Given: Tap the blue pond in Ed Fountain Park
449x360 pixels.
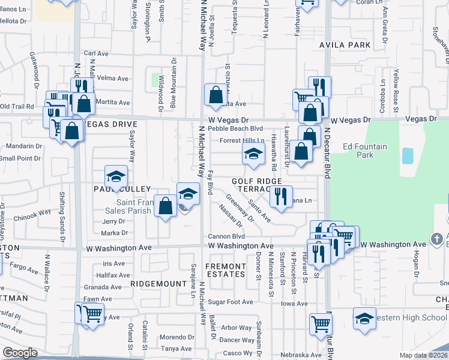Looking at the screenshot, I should click(408, 156).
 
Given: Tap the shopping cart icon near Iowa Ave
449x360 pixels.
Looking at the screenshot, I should click(321, 324).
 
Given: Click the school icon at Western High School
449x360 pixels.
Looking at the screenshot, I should click(364, 319).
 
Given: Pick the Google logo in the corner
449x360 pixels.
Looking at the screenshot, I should click(20, 353).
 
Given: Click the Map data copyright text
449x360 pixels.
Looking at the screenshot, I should click(424, 355).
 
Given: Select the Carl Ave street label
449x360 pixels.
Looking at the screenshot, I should click(96, 53).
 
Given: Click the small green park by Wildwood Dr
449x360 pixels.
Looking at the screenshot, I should click(159, 80).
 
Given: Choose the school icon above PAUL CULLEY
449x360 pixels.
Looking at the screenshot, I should click(116, 176).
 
